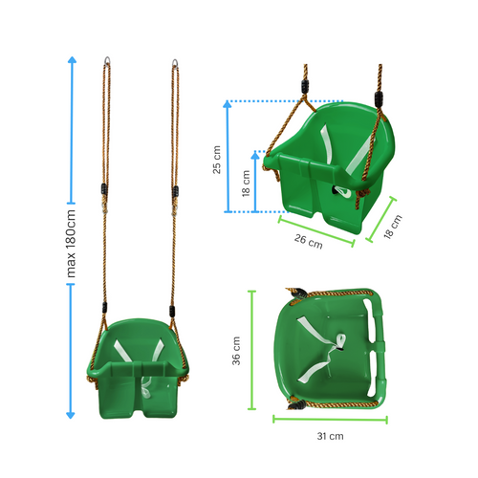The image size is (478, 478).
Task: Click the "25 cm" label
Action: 217,159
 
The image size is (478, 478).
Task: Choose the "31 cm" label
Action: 330,436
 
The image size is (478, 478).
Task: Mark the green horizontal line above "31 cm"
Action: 330,419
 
